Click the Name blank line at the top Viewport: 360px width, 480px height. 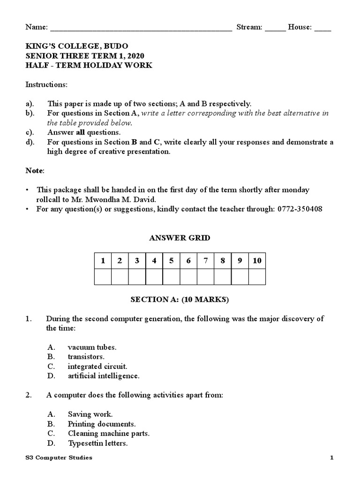coord(141,28)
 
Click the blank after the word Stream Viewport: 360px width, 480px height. coord(275,28)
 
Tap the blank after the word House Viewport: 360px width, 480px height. coord(322,28)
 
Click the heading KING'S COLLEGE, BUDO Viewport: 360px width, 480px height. coord(76,46)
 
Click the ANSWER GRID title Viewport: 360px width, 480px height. coord(180,238)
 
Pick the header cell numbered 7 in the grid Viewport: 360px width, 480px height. coord(205,261)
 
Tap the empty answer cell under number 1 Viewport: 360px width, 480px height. coord(103,277)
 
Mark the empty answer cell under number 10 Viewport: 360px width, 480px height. coord(257,277)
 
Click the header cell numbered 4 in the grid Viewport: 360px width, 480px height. coord(154,261)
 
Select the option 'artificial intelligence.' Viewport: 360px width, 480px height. coord(104,375)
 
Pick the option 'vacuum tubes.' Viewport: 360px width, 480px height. coord(92,347)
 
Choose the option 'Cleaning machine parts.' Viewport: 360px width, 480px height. coord(109,433)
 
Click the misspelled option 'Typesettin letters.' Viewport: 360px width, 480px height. coord(97,443)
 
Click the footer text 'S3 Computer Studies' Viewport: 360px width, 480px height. coord(59,458)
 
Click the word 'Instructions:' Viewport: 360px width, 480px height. coord(46,85)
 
